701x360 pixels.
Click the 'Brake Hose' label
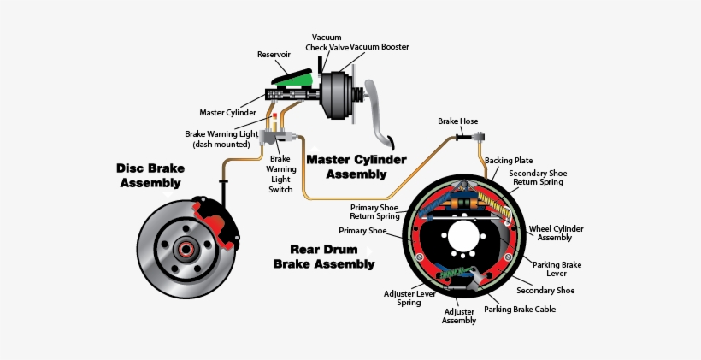point(457,121)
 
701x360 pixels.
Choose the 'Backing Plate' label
point(509,160)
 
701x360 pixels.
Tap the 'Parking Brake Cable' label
point(522,309)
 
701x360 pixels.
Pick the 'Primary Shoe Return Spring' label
point(377,211)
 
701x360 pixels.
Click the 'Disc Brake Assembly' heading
point(150,175)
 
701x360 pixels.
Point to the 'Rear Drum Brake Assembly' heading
point(323,257)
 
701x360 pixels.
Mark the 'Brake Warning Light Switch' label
point(282,174)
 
